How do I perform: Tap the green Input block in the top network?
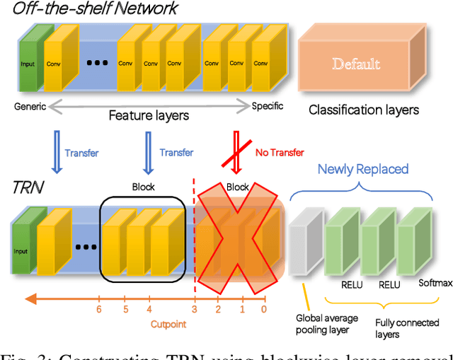click(x=29, y=64)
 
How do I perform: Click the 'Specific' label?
click(x=268, y=106)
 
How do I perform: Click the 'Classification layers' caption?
click(x=364, y=110)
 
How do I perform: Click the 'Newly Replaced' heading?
click(x=362, y=169)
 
